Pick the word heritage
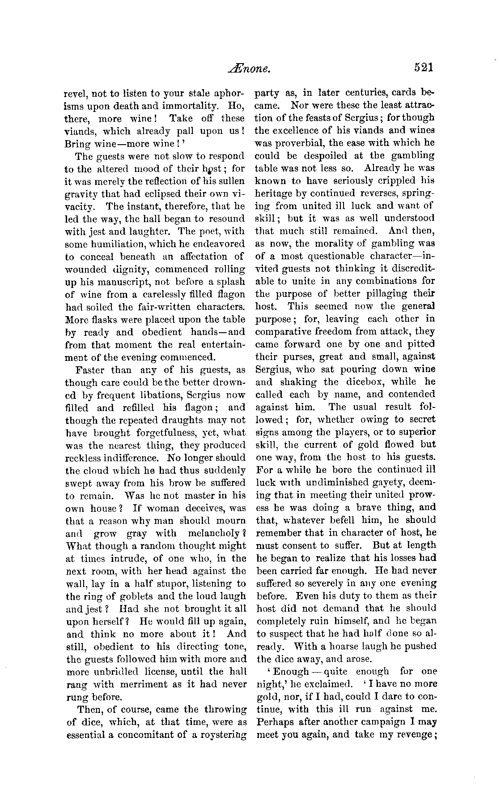[275, 193]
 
